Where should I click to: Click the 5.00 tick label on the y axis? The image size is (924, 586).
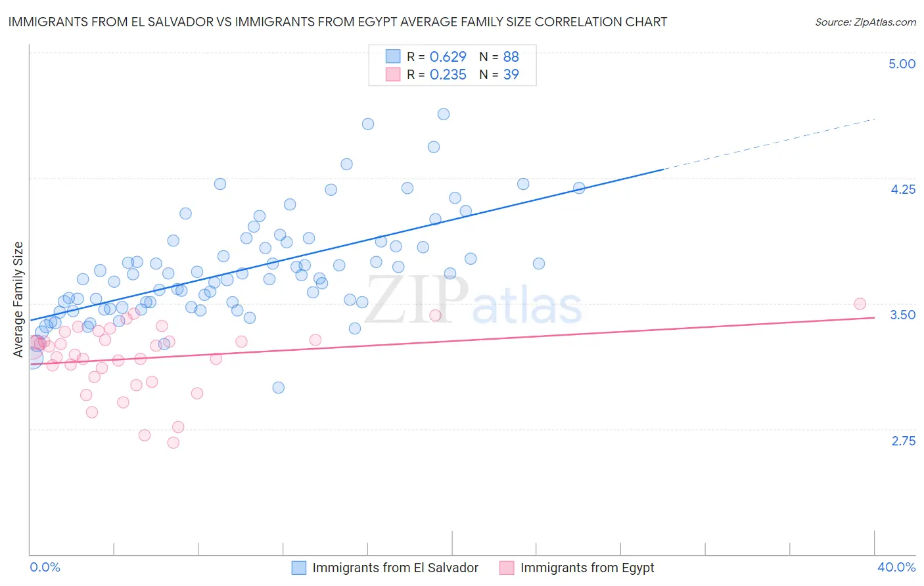pyautogui.click(x=902, y=64)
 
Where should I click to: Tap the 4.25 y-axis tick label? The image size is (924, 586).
pyautogui.click(x=902, y=189)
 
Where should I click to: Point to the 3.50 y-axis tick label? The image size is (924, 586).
pyautogui.click(x=902, y=315)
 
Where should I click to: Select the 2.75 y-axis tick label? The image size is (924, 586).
pyautogui.click(x=903, y=441)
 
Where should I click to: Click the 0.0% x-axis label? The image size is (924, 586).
pyautogui.click(x=45, y=567)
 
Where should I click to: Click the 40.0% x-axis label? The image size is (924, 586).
pyautogui.click(x=896, y=567)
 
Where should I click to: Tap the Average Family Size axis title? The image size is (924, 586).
pyautogui.click(x=18, y=300)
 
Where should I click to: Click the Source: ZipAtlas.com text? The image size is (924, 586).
pyautogui.click(x=865, y=22)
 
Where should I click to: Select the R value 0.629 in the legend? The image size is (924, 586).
pyautogui.click(x=448, y=56)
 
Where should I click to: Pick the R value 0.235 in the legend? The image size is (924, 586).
pyautogui.click(x=448, y=75)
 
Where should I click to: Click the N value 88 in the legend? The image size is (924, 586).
pyautogui.click(x=511, y=56)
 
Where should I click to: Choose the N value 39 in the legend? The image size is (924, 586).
pyautogui.click(x=511, y=75)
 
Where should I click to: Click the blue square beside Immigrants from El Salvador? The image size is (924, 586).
pyautogui.click(x=299, y=568)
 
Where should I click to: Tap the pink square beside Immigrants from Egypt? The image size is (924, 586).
pyautogui.click(x=507, y=568)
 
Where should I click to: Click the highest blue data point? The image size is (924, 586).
pyautogui.click(x=444, y=114)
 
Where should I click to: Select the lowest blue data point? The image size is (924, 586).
pyautogui.click(x=279, y=388)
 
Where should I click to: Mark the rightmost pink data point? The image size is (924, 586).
pyautogui.click(x=860, y=304)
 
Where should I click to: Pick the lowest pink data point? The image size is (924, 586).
pyautogui.click(x=173, y=443)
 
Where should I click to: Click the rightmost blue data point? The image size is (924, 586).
pyautogui.click(x=579, y=189)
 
